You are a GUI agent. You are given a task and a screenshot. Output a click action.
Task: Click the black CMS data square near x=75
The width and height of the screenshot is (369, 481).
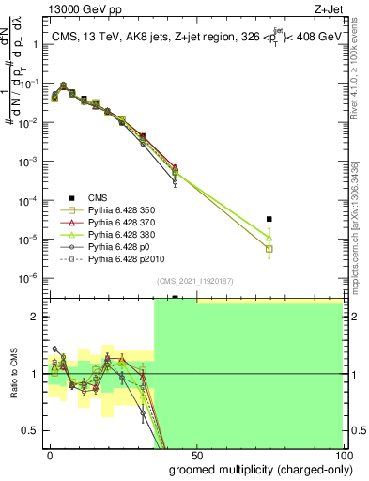(x=269, y=219)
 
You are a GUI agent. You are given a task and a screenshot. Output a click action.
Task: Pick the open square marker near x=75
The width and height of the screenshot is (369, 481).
(x=269, y=249)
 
